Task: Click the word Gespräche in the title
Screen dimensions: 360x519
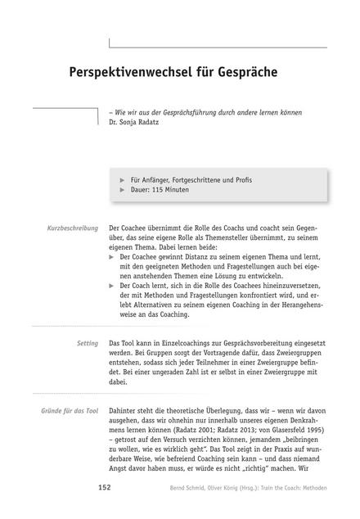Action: click(243, 71)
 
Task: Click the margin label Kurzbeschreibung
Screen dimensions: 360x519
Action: click(72, 226)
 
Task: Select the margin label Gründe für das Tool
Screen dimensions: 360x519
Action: click(64, 392)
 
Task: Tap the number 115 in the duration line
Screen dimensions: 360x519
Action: click(159, 189)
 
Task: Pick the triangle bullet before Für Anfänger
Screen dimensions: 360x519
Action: click(123, 178)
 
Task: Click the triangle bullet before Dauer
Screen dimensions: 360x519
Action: click(123, 189)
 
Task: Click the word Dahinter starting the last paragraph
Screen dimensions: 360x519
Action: click(127, 392)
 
